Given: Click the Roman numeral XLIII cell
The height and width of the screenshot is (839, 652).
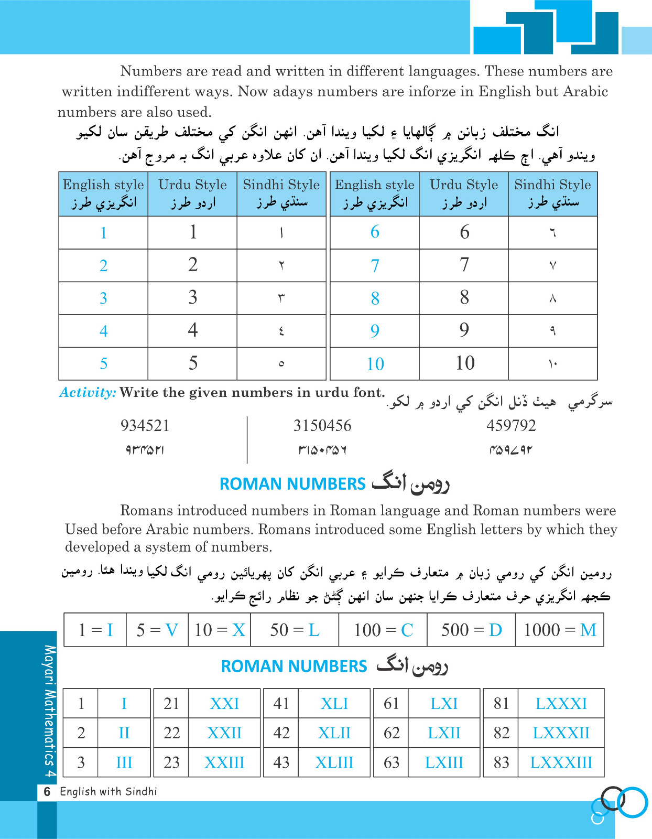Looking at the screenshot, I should pyautogui.click(x=334, y=762).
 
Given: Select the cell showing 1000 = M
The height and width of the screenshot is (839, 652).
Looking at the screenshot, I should pyautogui.click(x=560, y=630).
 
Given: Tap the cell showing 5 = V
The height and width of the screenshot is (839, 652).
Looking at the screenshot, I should pyautogui.click(x=157, y=630).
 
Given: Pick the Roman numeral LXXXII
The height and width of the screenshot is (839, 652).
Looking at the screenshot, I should pyautogui.click(x=561, y=733).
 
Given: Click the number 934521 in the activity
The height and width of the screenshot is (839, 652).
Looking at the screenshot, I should pyautogui.click(x=145, y=425).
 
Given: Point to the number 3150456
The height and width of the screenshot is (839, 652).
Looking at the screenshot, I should pyautogui.click(x=322, y=425).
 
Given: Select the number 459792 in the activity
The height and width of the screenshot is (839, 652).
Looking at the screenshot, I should pyautogui.click(x=511, y=425).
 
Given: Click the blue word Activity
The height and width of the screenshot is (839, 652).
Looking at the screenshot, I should pyautogui.click(x=88, y=392).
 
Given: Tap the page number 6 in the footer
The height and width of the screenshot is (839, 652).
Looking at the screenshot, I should pyautogui.click(x=47, y=791).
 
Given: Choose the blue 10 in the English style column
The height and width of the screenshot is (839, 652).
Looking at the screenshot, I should pyautogui.click(x=375, y=364).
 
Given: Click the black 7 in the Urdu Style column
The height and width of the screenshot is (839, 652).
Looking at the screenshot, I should pyautogui.click(x=464, y=265).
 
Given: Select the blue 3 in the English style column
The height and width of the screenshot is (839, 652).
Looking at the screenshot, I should pyautogui.click(x=103, y=298).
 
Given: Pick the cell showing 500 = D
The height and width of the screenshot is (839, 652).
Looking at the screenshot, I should pyautogui.click(x=471, y=630).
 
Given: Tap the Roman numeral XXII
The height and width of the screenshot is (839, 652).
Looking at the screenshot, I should pyautogui.click(x=224, y=733).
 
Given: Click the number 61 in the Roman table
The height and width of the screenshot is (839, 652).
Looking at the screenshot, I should pyautogui.click(x=392, y=703).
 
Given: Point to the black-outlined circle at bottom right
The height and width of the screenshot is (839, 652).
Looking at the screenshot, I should pyautogui.click(x=613, y=798).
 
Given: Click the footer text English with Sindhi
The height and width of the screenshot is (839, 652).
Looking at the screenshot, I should pyautogui.click(x=108, y=791).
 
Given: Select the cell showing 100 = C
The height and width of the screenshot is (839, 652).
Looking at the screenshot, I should pyautogui.click(x=383, y=630).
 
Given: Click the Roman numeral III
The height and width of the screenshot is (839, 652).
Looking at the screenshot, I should pyautogui.click(x=124, y=762).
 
